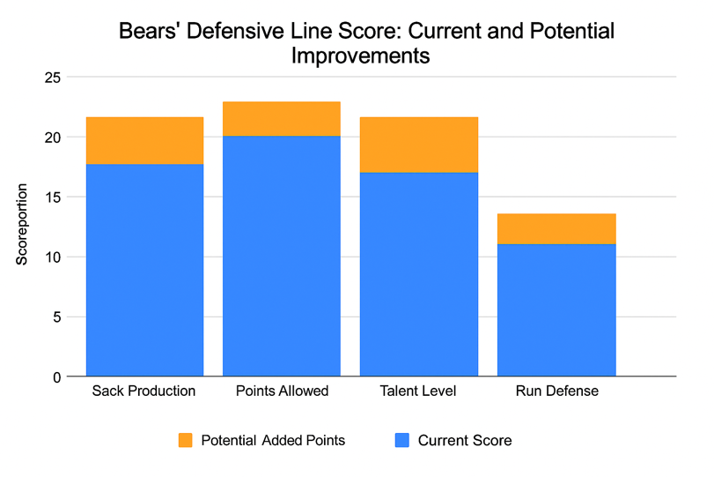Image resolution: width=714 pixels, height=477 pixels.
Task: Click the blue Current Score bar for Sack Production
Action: tap(144, 270)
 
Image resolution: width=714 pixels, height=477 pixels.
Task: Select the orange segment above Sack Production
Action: tap(144, 140)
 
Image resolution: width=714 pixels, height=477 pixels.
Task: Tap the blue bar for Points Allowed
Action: tap(282, 256)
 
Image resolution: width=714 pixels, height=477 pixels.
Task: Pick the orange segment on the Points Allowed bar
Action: tap(282, 118)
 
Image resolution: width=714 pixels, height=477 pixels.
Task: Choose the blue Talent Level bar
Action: tap(419, 274)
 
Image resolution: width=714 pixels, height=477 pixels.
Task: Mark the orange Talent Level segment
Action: tap(419, 144)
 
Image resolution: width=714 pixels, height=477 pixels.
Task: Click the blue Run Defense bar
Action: tap(556, 310)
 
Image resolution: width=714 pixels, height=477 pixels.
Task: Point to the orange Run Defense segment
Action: tap(556, 228)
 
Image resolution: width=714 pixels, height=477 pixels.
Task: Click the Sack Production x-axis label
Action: tap(144, 391)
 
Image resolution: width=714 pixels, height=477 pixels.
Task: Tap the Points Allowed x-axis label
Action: tap(282, 391)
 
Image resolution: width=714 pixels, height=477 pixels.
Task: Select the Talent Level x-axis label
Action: tap(420, 391)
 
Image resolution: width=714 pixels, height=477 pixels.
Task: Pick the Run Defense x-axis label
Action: tap(556, 391)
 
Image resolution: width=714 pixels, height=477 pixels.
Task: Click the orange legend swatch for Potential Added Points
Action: tap(186, 440)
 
